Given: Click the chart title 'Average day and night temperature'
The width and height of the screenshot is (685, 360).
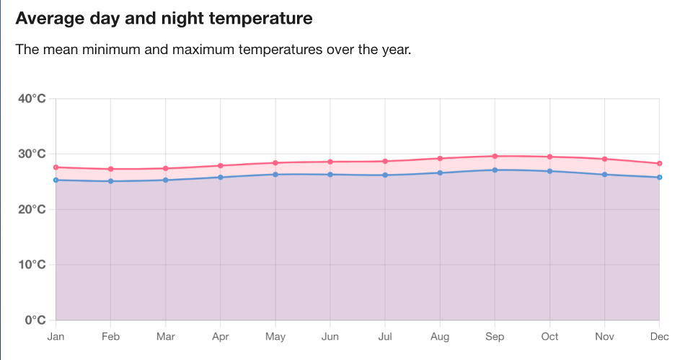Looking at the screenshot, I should (x=164, y=19).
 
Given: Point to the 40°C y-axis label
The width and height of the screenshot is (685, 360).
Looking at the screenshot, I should (x=32, y=99).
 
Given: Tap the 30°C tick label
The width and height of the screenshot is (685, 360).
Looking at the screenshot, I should (x=32, y=154).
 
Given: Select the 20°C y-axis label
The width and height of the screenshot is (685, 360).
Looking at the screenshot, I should (x=32, y=209).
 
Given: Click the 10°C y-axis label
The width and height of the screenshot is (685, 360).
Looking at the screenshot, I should (x=32, y=265).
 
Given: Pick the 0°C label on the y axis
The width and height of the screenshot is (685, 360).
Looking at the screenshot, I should (x=35, y=320).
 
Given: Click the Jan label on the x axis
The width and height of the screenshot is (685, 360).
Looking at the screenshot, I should (x=56, y=336).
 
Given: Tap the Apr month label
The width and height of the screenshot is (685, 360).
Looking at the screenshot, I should (x=220, y=336).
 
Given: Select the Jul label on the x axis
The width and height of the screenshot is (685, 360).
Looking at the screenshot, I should (x=385, y=336).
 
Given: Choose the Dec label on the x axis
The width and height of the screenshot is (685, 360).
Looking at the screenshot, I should (x=659, y=336).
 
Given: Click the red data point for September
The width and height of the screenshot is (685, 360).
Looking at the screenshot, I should (x=495, y=156).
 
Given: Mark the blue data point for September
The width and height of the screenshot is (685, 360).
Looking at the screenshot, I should (x=495, y=170).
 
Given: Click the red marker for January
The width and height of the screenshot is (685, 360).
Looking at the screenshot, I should (x=56, y=167).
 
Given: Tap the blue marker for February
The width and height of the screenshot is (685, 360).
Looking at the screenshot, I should (x=110, y=181).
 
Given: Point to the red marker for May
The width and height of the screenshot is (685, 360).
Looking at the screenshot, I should (x=275, y=163).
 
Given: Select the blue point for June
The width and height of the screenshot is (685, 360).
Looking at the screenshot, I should (x=330, y=175).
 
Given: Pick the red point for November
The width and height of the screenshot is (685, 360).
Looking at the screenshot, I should (x=604, y=159).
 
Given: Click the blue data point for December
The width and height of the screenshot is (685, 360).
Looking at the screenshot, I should (x=659, y=177).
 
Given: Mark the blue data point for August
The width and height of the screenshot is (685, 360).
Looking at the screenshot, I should (x=440, y=172).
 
